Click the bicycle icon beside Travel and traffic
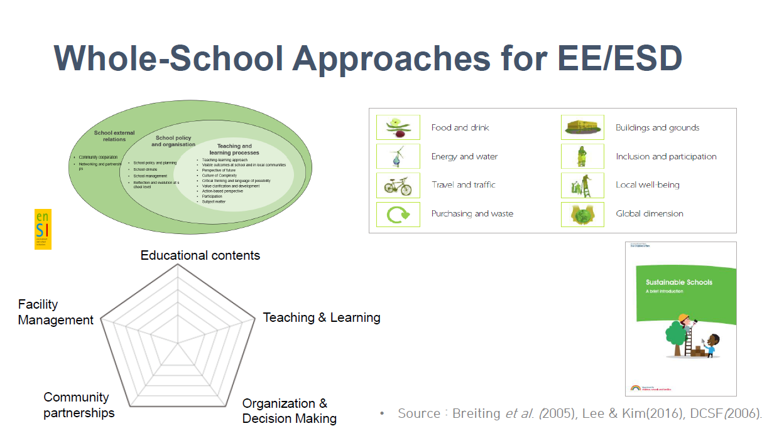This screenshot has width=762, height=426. [x=398, y=185]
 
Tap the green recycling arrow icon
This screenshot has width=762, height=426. [x=398, y=214]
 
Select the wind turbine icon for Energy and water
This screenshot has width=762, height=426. [x=398, y=156]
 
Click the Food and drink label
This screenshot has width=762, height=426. [x=460, y=127]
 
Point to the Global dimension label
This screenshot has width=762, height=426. [x=650, y=214]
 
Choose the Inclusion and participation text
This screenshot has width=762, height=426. [x=666, y=156]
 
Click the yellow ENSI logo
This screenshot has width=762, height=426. [x=43, y=229]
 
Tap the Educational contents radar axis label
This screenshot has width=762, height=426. [x=200, y=255]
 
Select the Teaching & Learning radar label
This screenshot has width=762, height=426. [x=321, y=317]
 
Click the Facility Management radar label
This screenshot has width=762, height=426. [x=55, y=312]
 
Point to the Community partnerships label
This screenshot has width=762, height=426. [x=78, y=405]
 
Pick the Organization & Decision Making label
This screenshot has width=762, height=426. [x=289, y=411]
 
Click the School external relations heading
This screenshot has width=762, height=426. [x=114, y=136]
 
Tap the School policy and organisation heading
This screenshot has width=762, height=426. [x=173, y=141]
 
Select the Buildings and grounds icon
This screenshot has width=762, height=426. [x=582, y=127]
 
